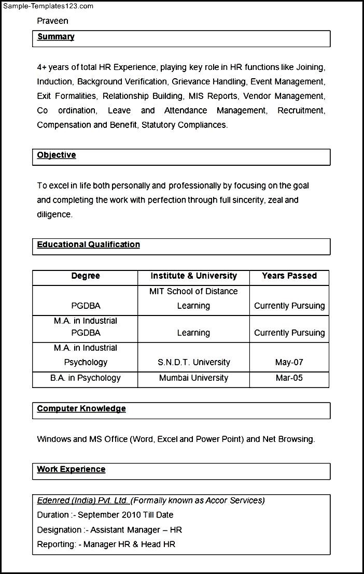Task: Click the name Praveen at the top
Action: (52, 21)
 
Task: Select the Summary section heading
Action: (55, 37)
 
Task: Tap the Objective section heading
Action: (57, 155)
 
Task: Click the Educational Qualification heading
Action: (88, 245)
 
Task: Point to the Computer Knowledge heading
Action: (81, 409)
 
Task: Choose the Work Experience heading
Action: (71, 469)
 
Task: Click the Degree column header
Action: (86, 276)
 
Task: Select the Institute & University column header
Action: (193, 276)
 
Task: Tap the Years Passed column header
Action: (289, 276)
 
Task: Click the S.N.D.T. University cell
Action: (193, 363)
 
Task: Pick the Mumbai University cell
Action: (193, 378)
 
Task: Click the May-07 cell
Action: (289, 363)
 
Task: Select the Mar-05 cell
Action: (289, 378)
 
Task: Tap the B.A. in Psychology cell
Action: (86, 378)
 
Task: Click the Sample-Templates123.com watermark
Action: (47, 6)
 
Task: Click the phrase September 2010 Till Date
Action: (125, 515)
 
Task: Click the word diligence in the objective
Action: (54, 214)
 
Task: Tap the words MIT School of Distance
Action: (193, 292)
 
